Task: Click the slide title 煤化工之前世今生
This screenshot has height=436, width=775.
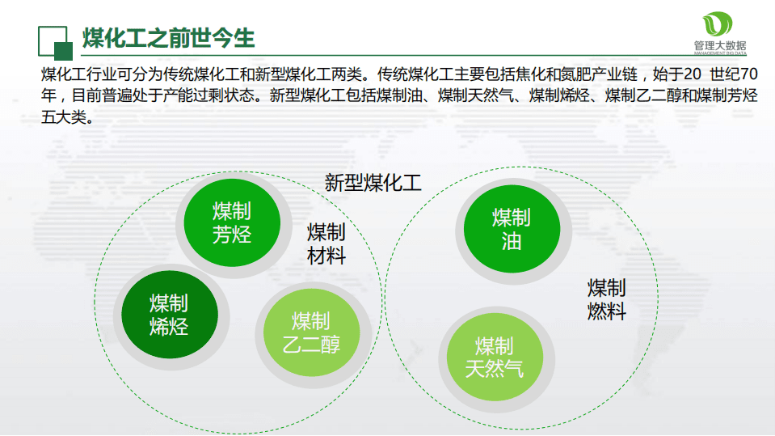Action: click(169, 37)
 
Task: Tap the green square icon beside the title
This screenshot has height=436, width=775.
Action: click(54, 42)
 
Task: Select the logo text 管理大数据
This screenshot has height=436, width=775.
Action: click(719, 47)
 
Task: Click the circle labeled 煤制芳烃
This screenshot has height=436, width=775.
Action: click(233, 223)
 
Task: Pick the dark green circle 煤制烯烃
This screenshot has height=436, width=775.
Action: click(169, 315)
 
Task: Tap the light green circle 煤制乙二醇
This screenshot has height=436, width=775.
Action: click(311, 332)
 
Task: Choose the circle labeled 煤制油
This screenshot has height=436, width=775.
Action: click(512, 229)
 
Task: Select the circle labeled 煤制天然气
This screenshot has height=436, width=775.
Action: click(494, 358)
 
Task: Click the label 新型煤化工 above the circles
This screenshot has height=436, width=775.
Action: click(373, 182)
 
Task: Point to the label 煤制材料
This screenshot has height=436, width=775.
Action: click(326, 244)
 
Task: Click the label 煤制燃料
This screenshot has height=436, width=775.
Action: click(607, 299)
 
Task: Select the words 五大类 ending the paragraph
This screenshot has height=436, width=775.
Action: click(62, 116)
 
